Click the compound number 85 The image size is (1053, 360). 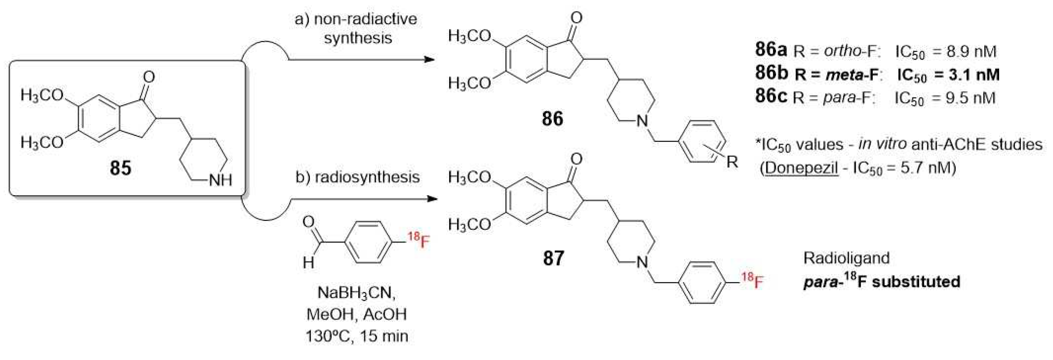pos(120,168)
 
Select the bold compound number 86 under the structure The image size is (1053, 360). pos(552,119)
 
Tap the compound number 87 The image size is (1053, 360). pos(553,258)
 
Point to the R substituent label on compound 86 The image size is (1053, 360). pos(732,162)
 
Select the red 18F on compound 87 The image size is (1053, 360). pos(752,281)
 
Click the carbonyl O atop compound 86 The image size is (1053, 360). pos(576,18)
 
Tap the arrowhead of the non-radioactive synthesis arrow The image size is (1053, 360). pos(429,60)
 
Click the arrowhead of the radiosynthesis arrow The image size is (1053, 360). pos(431,200)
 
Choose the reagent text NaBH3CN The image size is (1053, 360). pos(357,292)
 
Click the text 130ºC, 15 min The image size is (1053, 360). pos(357,336)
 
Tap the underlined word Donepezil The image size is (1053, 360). pos(801,168)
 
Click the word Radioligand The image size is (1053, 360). pos(846,258)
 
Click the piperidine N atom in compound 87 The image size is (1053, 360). pos(643,262)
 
